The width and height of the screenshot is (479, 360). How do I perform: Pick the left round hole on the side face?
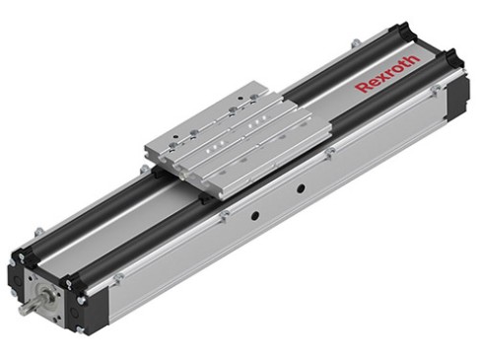point(253,213)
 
